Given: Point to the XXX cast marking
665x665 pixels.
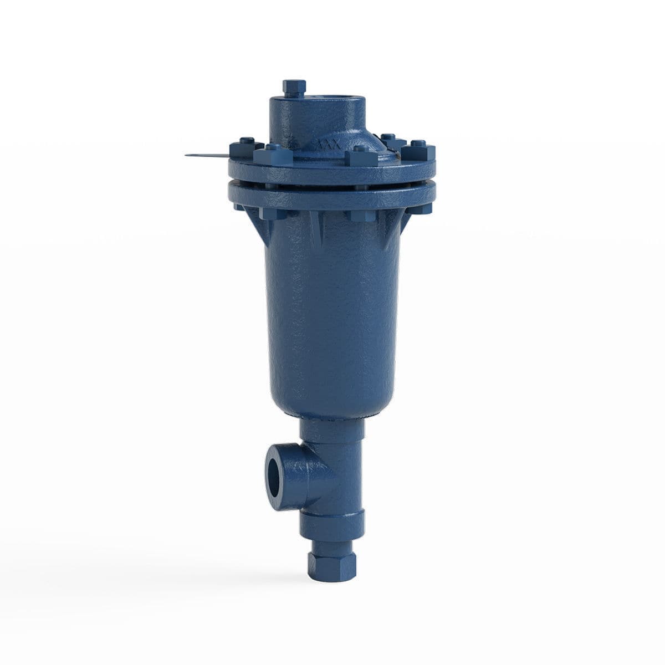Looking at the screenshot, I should (x=328, y=146).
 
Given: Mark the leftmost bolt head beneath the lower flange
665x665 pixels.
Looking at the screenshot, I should (x=239, y=207).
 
